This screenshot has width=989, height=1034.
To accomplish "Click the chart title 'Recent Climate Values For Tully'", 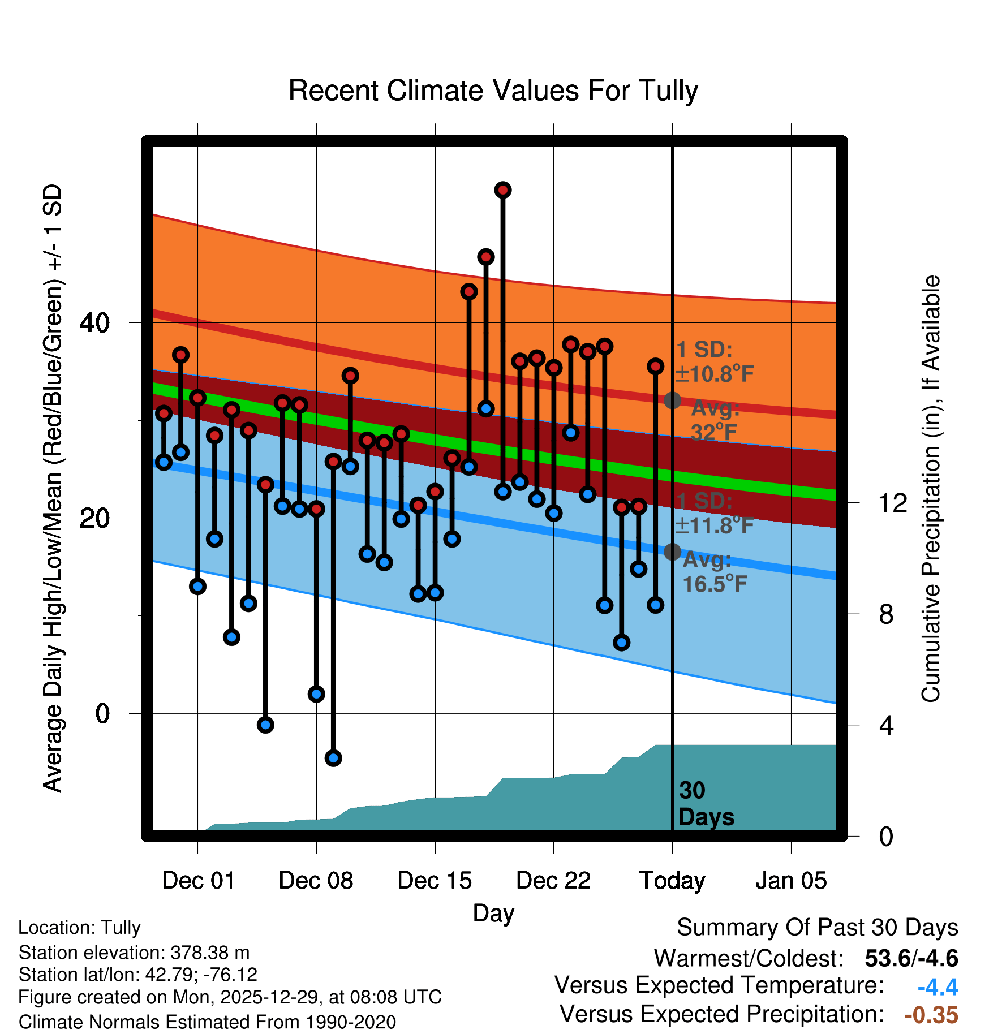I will point(493,91).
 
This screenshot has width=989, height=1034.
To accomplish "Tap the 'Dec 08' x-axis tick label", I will point(316,881).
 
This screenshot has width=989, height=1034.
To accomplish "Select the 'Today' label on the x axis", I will point(672,881).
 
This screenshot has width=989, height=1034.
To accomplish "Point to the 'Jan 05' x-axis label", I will point(791,881).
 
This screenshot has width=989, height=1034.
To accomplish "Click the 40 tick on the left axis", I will point(94,323).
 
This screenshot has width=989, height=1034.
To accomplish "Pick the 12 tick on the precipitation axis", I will point(893,503).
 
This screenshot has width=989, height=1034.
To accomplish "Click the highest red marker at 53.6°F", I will point(503,190).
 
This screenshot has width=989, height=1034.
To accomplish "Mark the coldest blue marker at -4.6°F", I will point(333,758).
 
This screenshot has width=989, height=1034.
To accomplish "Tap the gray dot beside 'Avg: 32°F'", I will point(672,400).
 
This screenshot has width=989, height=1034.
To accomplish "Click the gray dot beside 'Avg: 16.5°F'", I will point(672,552).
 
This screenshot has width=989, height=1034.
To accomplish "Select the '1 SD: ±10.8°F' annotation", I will point(714,362).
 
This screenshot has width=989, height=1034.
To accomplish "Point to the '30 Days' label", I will point(706,804).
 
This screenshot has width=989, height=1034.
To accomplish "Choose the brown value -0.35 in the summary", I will point(931,1015).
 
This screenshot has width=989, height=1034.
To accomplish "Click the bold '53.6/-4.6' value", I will point(911,958).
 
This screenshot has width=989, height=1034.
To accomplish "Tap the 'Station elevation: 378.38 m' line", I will point(134,953).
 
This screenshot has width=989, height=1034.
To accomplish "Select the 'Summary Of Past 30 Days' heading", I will point(817,928).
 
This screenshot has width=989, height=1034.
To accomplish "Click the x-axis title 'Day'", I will point(493,913).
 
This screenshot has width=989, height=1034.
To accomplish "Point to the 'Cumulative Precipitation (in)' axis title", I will point(931,489).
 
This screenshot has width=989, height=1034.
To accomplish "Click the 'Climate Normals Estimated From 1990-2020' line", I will point(207,1022).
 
